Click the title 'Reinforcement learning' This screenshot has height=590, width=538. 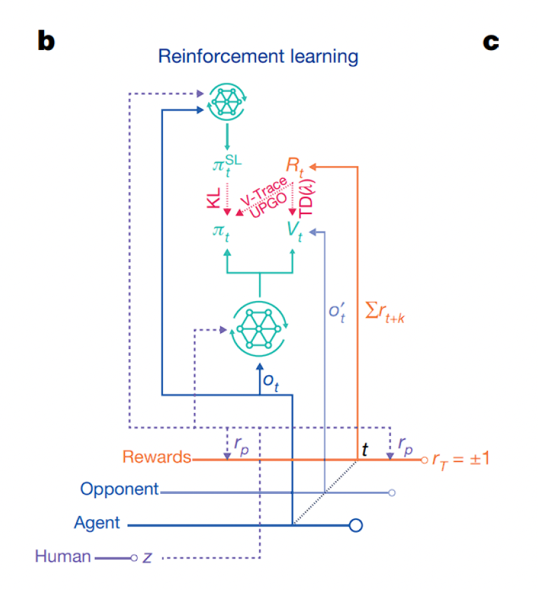coord(258,56)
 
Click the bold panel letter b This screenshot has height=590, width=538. coord(45,41)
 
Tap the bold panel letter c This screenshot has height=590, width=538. coord(491,42)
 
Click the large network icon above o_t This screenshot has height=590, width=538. coord(259,327)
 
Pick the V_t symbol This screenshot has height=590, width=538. coord(294,232)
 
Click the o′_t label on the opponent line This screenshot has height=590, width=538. coord(338,312)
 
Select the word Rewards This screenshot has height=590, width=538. coord(156,459)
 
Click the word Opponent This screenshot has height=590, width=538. coord(119,489)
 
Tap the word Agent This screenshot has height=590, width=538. coord(97,522)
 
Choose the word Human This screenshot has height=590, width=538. coord(63,556)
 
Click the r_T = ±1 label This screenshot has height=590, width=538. coord(460,459)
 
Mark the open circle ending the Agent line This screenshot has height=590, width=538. coord(356,525)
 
